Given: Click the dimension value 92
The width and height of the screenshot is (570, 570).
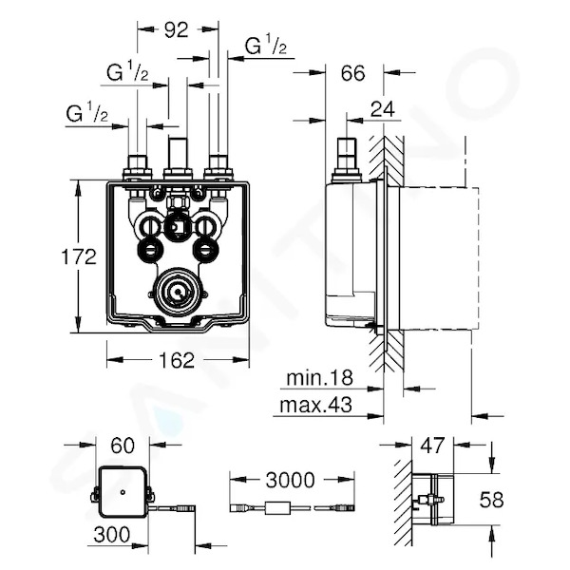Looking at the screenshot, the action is [x=177, y=29].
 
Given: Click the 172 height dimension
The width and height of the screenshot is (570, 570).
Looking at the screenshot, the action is [x=79, y=256].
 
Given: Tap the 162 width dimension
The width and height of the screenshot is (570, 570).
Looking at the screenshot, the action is [x=177, y=360].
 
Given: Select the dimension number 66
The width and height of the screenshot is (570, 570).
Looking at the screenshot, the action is [x=352, y=73].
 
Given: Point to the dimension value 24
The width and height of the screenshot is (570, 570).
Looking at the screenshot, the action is [x=383, y=108].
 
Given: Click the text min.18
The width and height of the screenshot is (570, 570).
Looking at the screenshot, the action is [x=320, y=378].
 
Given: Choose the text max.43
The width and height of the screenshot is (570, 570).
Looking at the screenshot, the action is [x=316, y=405].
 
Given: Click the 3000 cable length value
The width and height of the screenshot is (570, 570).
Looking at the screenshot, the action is [x=290, y=480].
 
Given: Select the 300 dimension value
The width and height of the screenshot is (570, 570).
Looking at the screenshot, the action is [x=111, y=534].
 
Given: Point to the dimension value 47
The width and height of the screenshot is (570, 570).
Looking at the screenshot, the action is [x=432, y=445].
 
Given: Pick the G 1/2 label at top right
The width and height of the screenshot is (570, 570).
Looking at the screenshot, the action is [x=266, y=46].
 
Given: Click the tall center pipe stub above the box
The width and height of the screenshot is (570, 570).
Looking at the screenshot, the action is [x=178, y=153].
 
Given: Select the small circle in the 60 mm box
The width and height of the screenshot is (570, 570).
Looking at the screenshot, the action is [x=123, y=493].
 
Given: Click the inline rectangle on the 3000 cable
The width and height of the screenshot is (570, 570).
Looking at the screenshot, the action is [x=278, y=508].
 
